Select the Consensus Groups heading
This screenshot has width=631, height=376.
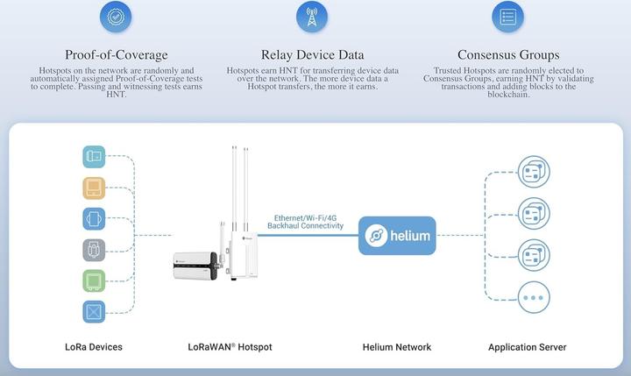coord(507,54)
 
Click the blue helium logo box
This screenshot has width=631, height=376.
coord(397,235)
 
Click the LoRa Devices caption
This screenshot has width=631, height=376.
coord(94,347)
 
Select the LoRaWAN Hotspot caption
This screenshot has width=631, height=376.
coord(230,347)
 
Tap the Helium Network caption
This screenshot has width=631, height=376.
coord(397,347)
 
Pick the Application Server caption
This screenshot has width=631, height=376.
coord(527,347)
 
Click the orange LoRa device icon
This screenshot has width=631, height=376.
coord(94,188)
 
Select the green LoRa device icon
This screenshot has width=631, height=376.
coord(94,280)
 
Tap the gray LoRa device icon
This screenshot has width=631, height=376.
coord(94,250)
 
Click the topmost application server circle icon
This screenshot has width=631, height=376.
coord(531,171)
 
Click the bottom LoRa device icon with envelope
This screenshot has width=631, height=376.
coord(94,311)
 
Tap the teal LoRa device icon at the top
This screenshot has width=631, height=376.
coord(94,157)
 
